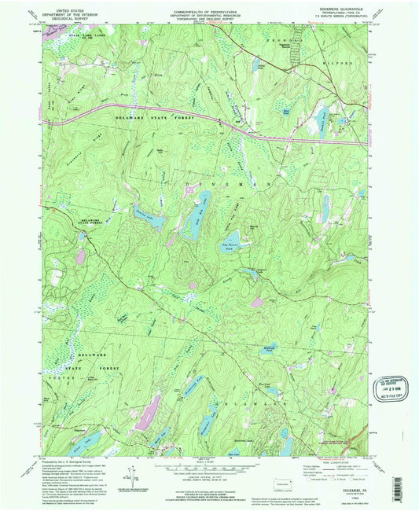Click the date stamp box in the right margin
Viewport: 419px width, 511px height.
(x=391, y=382)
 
